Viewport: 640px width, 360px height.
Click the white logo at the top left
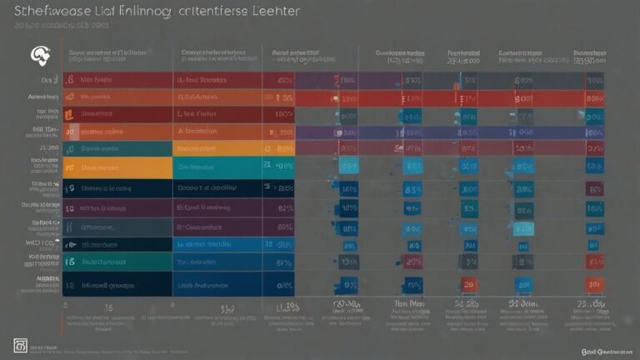(39, 55)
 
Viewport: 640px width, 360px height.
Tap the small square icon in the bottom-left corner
(19, 346)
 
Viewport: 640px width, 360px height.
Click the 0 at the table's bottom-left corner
(65, 306)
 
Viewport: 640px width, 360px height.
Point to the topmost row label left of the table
(46, 80)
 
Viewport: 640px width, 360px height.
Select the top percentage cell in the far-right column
(595, 81)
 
